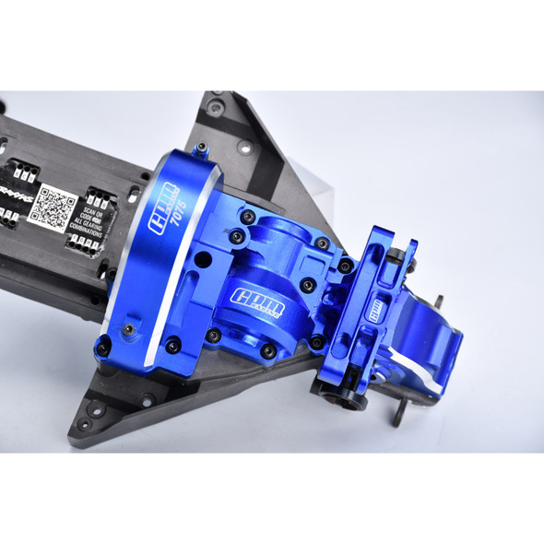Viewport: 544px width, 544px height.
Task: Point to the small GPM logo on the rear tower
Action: (377, 312)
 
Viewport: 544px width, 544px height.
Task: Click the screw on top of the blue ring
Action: (201, 148)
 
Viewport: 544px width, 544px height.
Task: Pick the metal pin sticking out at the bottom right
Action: (399, 417)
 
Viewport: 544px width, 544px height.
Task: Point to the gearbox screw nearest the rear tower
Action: (344, 265)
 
